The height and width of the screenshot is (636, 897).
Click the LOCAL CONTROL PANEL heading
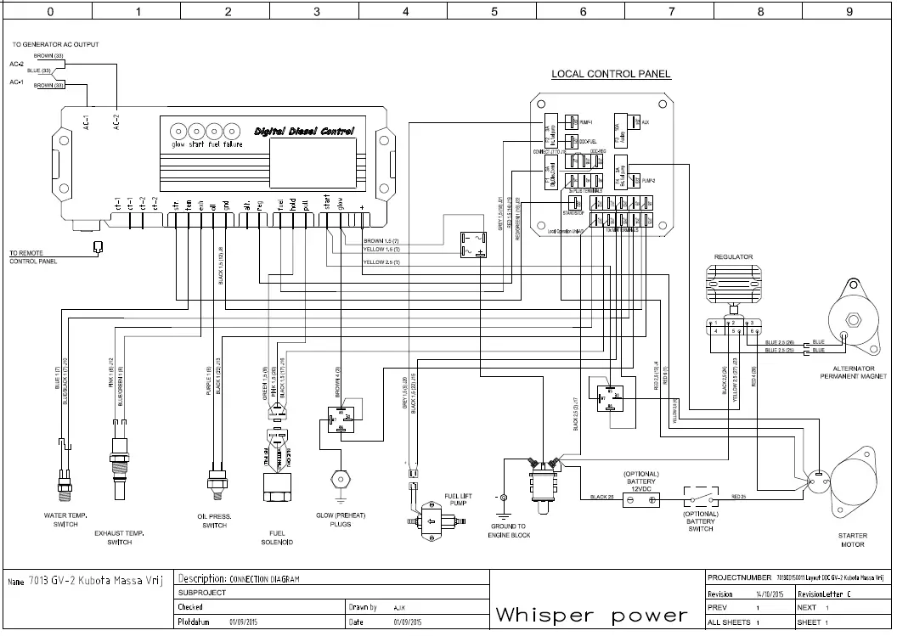(x=611, y=74)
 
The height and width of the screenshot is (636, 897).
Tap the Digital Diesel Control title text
(x=304, y=131)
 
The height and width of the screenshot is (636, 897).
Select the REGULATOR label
(x=733, y=256)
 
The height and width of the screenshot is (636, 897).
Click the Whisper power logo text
(x=591, y=614)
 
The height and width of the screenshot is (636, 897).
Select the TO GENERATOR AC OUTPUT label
(x=54, y=44)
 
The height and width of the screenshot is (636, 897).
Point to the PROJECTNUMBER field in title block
(x=739, y=578)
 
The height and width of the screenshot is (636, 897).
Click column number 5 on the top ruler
(x=494, y=13)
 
